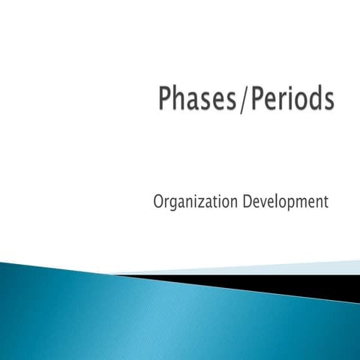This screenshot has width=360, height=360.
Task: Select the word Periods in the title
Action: tap(289, 100)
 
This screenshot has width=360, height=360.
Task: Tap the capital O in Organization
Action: tap(158, 202)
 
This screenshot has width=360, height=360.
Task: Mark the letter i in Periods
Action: tap(289, 99)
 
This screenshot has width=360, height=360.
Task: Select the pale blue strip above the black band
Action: tap(300, 268)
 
